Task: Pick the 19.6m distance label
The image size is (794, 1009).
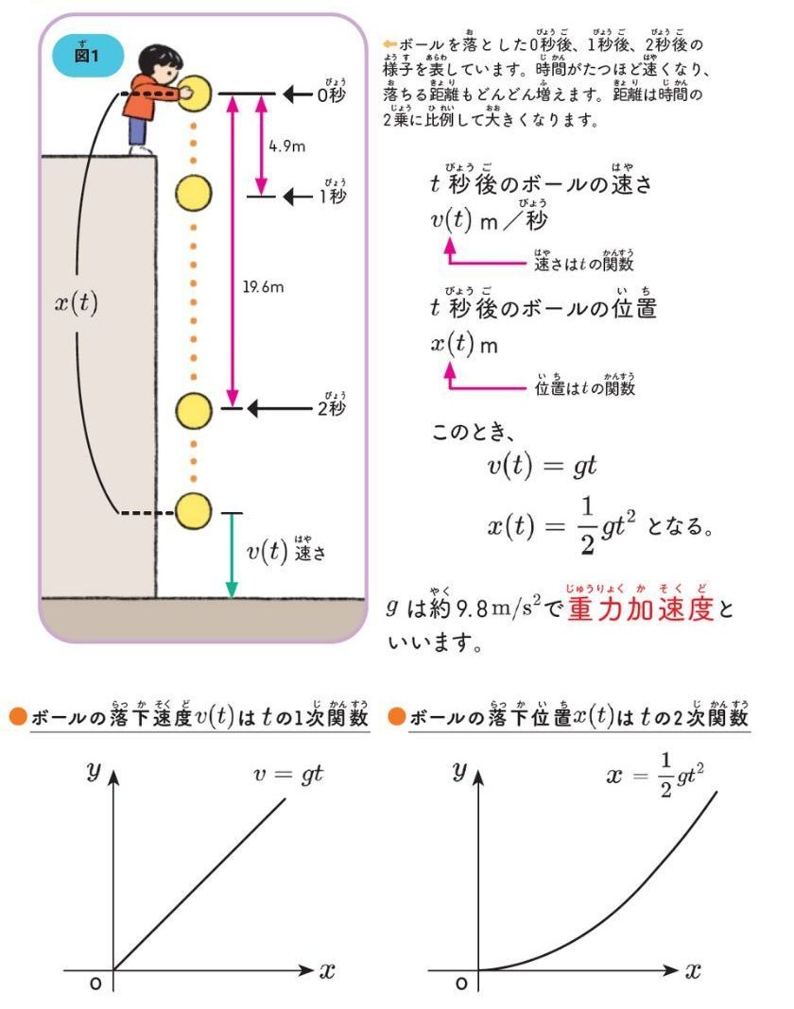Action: coord(263,287)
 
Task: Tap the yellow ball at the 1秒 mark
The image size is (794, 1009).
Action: coord(194,192)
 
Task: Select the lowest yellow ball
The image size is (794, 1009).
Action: coord(194,511)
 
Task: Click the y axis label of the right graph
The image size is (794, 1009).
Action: coord(461,770)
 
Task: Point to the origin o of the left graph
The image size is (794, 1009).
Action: coord(95,983)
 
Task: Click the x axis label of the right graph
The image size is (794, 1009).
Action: coord(693,970)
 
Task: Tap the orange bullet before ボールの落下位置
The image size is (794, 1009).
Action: coord(398,717)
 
